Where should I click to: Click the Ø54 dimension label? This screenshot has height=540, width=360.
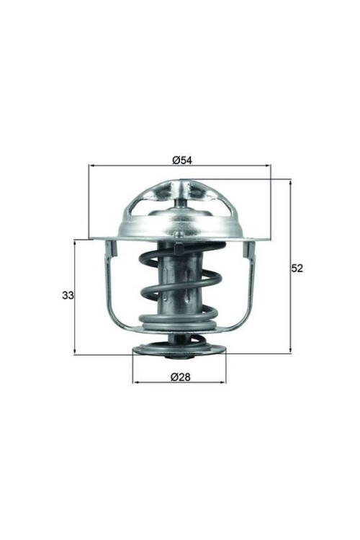[x=181, y=160]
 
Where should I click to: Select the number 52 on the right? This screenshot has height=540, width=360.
[x=297, y=268]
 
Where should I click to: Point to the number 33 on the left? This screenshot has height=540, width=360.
[x=68, y=295]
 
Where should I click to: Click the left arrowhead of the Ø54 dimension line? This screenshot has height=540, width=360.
[x=91, y=166]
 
